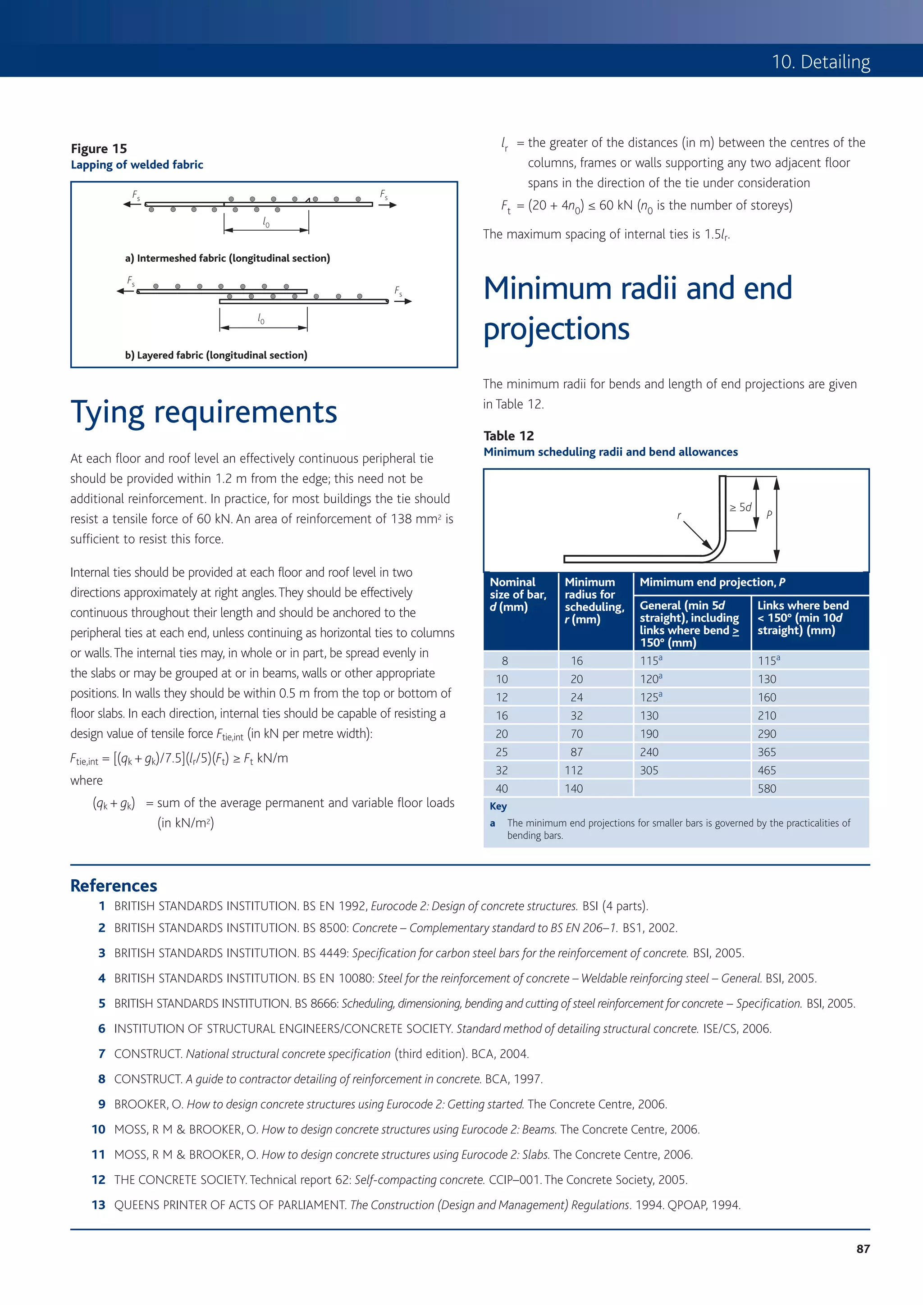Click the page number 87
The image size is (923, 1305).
(863, 1248)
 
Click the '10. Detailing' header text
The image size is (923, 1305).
(821, 61)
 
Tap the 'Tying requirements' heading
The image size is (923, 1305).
(204, 412)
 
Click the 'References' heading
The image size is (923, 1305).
(114, 885)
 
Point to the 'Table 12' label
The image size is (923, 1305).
(508, 436)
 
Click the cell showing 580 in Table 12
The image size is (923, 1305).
(767, 788)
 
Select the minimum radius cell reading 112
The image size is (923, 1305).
(574, 770)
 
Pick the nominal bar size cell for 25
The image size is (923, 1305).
(502, 752)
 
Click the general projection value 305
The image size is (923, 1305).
(649, 770)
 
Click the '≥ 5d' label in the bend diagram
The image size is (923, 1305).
(740, 507)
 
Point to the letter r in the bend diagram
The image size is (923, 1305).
(678, 515)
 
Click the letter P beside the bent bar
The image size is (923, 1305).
(769, 514)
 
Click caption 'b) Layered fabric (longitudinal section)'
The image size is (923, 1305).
(216, 355)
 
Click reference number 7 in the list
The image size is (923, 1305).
(102, 1054)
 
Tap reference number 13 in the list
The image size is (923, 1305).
(98, 1205)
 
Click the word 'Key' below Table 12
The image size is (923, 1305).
(498, 806)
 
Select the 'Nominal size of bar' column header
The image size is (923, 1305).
(517, 594)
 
